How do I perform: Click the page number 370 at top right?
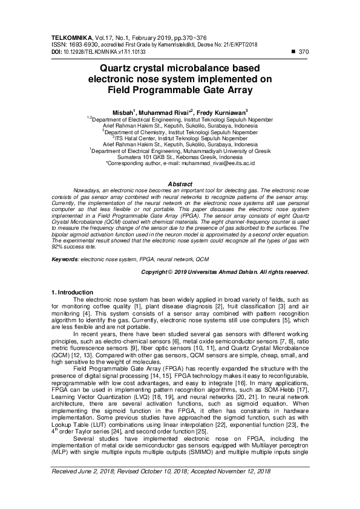[304, 52]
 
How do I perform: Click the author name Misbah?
[125, 112]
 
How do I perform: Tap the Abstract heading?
[179, 184]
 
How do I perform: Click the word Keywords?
[65, 258]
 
